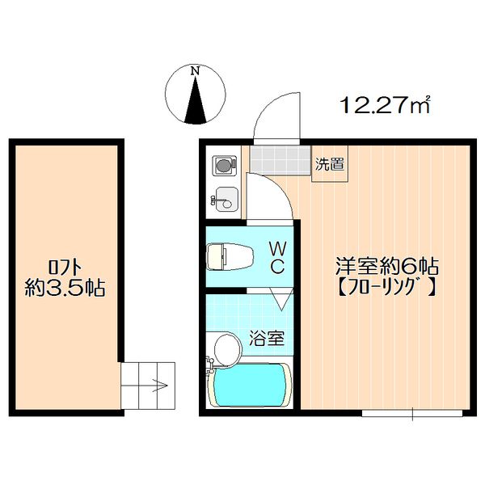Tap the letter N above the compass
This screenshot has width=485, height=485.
point(194,71)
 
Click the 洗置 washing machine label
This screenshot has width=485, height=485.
point(329,164)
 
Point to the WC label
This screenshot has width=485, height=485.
point(276,256)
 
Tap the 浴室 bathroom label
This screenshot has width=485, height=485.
point(266,339)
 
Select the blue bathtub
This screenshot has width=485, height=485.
point(250,386)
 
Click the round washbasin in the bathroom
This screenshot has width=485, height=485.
point(226,350)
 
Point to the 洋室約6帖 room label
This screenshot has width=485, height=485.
point(387,265)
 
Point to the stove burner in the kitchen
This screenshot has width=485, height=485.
point(223,165)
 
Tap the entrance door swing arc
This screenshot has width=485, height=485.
point(275,113)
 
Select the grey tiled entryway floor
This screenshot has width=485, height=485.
point(280,159)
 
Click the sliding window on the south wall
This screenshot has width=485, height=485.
point(412,414)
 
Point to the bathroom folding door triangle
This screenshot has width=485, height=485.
point(280,300)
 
